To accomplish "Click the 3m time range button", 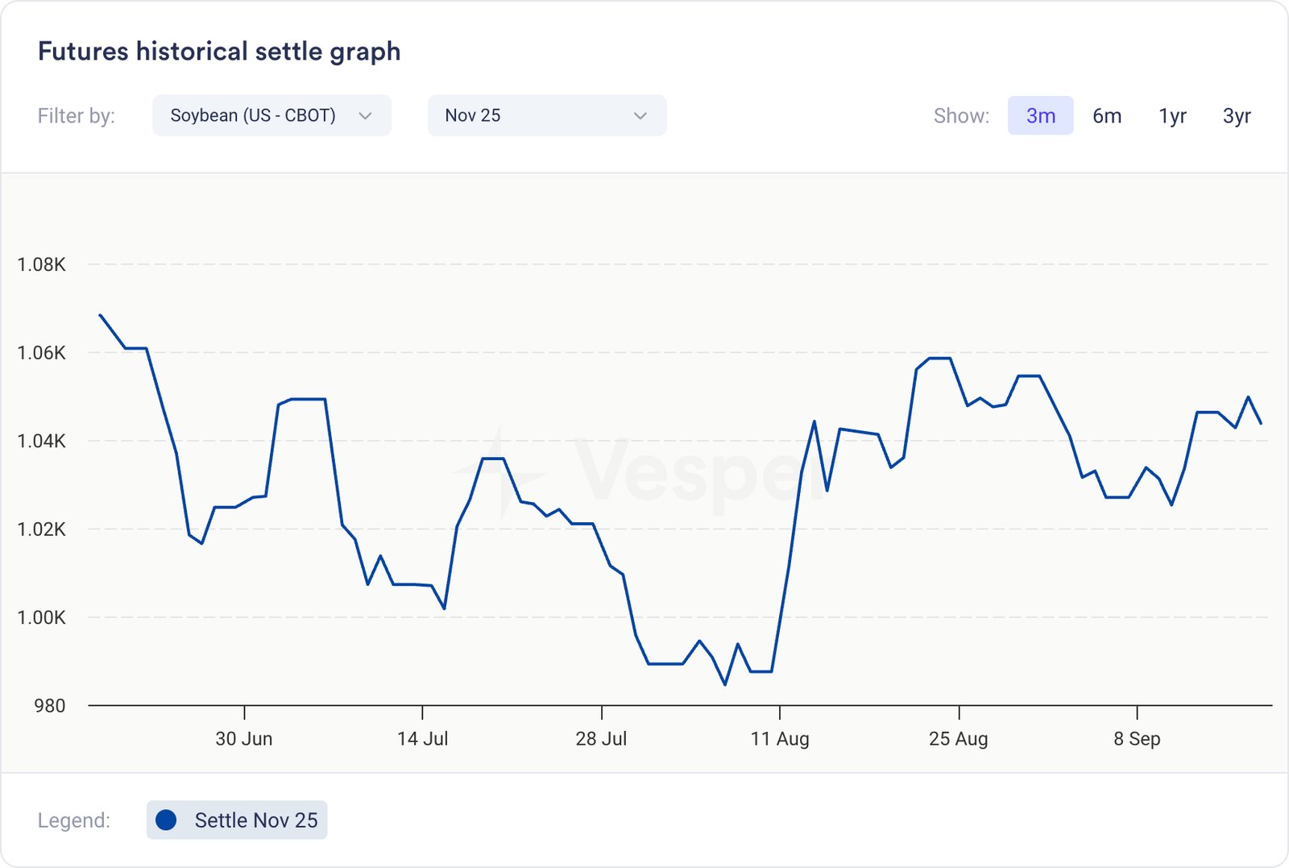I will tap(1040, 116).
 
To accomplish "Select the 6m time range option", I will tap(1107, 116).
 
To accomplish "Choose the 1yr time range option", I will tap(1172, 116).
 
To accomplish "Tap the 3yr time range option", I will tap(1237, 116).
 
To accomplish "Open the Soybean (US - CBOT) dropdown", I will tap(271, 116).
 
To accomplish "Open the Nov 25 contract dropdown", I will tap(546, 116).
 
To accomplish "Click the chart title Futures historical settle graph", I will tap(219, 52).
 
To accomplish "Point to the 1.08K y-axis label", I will tap(42, 264).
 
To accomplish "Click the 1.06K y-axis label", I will tap(42, 353).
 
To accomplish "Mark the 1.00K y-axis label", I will tap(42, 617).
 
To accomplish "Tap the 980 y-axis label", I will tap(50, 706).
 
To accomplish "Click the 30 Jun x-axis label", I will tap(244, 738).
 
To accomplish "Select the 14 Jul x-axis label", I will tap(422, 738).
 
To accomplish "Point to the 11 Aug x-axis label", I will tap(780, 738).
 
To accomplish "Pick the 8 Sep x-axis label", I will tap(1137, 738).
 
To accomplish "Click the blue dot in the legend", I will tap(166, 820).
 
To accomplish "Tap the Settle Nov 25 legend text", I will tap(256, 820).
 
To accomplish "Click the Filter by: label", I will tap(77, 116).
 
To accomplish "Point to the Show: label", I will tap(961, 116).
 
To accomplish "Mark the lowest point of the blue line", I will tap(725, 684).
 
